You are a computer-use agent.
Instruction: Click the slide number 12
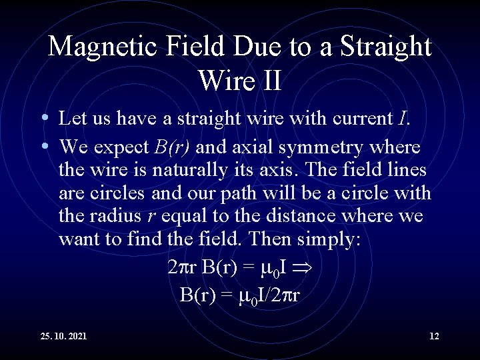point(434,335)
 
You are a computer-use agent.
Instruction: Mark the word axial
point(257,147)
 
